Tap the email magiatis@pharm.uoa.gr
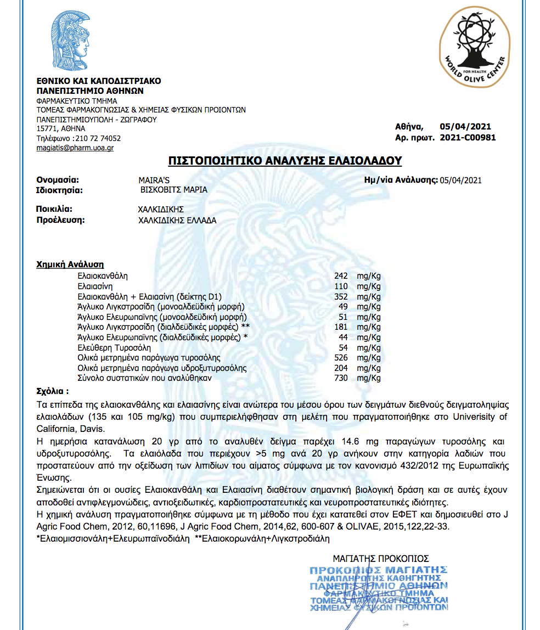[75, 148]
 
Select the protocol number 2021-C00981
[468, 138]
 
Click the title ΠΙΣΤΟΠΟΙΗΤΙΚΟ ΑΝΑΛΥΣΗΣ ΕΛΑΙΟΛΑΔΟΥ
[285, 161]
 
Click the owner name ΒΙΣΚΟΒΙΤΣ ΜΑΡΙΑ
[173, 190]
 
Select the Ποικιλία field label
[54, 210]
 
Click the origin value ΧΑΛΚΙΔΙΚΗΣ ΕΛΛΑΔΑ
[177, 220]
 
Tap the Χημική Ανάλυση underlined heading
[70, 265]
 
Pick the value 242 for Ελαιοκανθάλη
[341, 275]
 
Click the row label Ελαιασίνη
[95, 286]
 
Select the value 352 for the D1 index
[341, 296]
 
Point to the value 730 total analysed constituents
[341, 378]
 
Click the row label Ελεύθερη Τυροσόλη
[114, 347]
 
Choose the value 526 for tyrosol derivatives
[341, 358]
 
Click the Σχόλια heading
[53, 392]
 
